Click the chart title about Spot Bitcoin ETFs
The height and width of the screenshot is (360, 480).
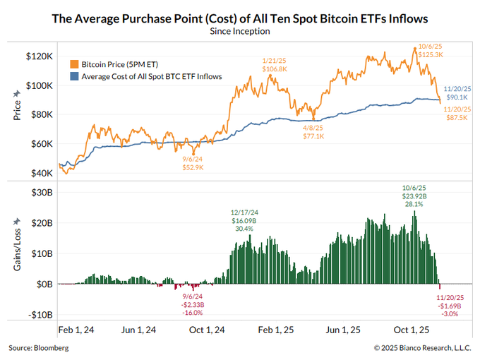(240, 18)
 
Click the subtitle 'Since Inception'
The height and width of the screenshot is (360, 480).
(240, 31)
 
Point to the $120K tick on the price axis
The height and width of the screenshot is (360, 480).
(38, 56)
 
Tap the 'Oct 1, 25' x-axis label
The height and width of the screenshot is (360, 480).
(411, 330)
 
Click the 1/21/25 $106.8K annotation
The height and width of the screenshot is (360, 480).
(275, 64)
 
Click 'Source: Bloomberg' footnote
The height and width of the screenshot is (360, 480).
(39, 349)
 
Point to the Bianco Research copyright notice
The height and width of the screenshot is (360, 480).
(422, 349)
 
